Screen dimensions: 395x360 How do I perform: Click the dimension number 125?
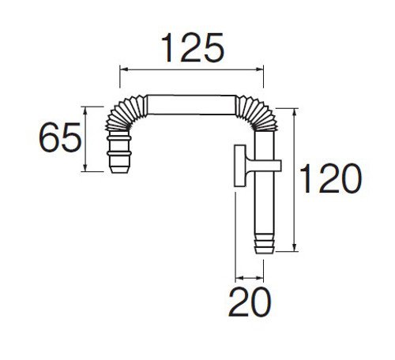[193, 47]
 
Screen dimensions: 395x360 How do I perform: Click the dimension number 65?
[60, 137]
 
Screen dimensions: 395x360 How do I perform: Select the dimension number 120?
[331, 178]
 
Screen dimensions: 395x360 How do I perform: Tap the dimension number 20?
[250, 302]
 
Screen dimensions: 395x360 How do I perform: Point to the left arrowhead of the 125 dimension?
[124, 69]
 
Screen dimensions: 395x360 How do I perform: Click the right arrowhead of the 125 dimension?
[259, 69]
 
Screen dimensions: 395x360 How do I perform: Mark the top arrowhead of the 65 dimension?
[85, 111]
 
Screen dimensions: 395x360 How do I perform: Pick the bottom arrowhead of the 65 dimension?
[85, 167]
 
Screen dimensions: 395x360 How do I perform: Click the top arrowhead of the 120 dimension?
[295, 112]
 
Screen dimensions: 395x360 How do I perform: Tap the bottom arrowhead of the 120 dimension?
[295, 247]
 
